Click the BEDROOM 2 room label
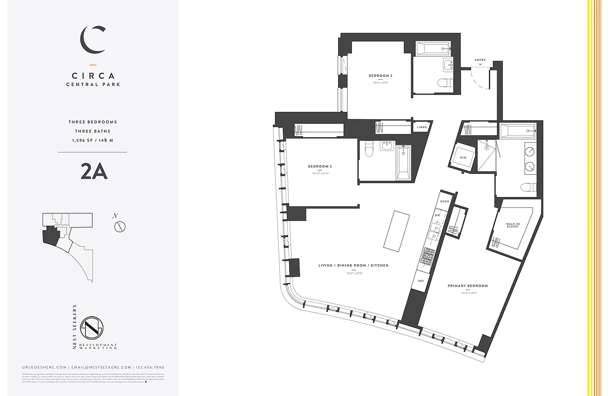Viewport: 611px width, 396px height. pyautogui.click(x=380, y=75)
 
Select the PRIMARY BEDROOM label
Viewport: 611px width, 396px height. pyautogui.click(x=468, y=286)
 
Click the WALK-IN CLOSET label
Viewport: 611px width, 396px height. pyautogui.click(x=513, y=225)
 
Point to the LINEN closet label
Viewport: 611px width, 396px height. pyautogui.click(x=422, y=127)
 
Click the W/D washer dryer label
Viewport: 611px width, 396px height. pyautogui.click(x=463, y=157)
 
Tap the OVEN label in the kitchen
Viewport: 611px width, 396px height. pyautogui.click(x=444, y=201)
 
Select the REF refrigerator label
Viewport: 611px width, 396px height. pyautogui.click(x=421, y=281)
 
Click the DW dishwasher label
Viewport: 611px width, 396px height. pyautogui.click(x=437, y=215)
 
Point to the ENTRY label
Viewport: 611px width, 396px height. pyautogui.click(x=480, y=60)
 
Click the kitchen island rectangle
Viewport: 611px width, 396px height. pyautogui.click(x=396, y=230)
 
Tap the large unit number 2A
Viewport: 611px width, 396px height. pyautogui.click(x=93, y=172)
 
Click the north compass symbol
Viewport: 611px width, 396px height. pyautogui.click(x=119, y=226)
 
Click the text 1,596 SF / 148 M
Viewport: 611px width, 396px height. pyautogui.click(x=93, y=141)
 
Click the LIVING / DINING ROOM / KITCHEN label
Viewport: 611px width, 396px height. pyautogui.click(x=353, y=265)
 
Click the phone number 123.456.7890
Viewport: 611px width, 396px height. pyautogui.click(x=150, y=367)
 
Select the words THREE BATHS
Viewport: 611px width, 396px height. pyautogui.click(x=93, y=131)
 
